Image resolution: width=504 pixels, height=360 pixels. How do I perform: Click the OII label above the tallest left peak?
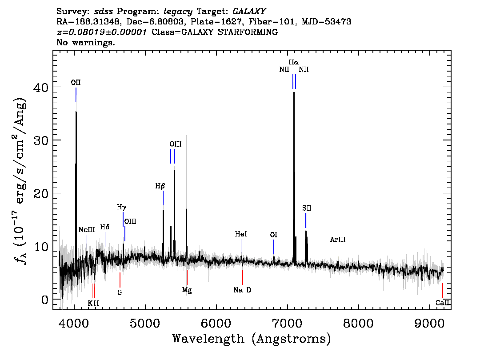tap(76, 83)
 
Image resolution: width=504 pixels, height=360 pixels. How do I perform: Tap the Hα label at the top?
tap(294, 62)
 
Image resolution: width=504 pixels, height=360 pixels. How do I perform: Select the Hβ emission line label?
tap(160, 186)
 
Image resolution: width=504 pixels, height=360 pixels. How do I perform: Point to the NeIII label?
tap(87, 230)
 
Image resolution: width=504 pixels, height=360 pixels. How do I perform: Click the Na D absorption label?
tap(242, 290)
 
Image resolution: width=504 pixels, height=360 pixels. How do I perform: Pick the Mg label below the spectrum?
tap(187, 290)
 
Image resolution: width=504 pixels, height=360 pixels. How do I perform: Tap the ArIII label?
tap(338, 240)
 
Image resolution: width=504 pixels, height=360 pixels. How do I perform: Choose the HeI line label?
tap(241, 234)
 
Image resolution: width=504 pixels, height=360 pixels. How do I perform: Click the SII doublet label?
tap(307, 208)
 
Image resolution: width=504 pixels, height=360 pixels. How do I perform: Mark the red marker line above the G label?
tap(120, 280)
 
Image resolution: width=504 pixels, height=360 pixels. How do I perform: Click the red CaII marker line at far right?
tap(443, 291)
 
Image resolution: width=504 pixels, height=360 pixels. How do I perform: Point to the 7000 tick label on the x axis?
tap(288, 323)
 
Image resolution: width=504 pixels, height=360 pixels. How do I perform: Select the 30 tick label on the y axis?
tap(41, 140)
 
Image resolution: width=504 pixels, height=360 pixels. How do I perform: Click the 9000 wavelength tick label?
tap(429, 323)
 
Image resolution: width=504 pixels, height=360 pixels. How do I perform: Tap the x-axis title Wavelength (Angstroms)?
tap(252, 339)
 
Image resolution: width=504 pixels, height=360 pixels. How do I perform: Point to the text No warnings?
tap(85, 42)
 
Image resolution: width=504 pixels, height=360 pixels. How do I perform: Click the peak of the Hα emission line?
tap(294, 92)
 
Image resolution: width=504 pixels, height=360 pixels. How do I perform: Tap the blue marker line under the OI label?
tap(274, 247)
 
